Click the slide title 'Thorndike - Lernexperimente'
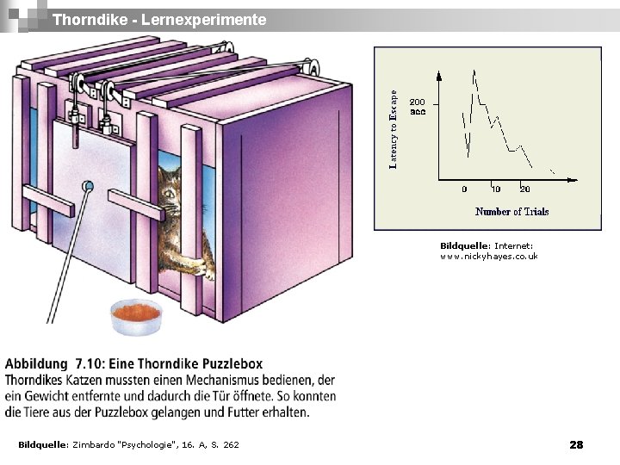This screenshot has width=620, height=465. click(x=159, y=19)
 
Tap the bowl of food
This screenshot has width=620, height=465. click(x=136, y=315)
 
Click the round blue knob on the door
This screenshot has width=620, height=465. click(x=87, y=185)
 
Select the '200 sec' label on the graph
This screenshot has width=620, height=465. click(x=418, y=106)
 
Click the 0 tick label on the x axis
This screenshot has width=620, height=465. click(x=465, y=189)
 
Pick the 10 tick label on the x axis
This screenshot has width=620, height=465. click(x=496, y=189)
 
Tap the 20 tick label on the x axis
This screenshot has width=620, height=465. click(x=524, y=189)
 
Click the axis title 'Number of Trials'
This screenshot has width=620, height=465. click(x=512, y=211)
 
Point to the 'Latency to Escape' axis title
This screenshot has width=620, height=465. click(x=394, y=129)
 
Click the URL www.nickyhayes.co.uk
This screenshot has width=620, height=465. click(x=488, y=257)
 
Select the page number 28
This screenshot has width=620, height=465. click(x=576, y=444)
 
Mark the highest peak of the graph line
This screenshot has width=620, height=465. click(x=473, y=71)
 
